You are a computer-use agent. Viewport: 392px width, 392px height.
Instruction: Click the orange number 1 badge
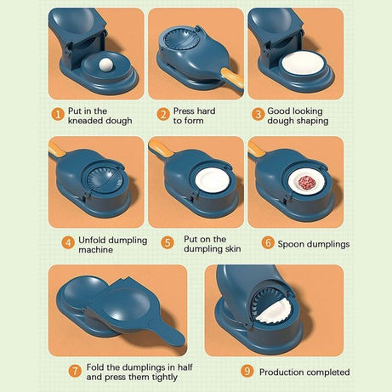(57, 113)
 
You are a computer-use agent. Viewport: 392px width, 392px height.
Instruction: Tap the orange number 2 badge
(162, 113)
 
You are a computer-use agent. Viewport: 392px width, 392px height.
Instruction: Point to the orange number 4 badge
(67, 241)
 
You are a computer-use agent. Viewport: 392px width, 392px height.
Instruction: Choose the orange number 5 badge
(168, 241)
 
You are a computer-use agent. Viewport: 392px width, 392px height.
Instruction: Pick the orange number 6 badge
(268, 243)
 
